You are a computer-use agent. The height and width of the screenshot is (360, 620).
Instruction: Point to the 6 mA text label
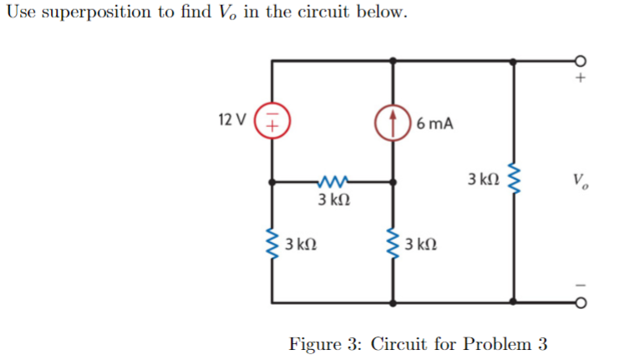[435, 124]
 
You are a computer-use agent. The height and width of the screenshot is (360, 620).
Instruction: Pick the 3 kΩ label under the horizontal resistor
[333, 200]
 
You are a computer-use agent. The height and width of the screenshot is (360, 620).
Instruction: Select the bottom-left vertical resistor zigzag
[272, 246]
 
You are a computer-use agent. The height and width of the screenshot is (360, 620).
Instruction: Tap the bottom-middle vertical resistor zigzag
[393, 246]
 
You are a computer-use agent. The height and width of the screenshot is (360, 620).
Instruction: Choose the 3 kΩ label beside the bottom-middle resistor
[420, 246]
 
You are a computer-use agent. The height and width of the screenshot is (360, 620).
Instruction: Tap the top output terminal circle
[582, 60]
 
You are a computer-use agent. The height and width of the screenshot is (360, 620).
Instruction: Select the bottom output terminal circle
[582, 302]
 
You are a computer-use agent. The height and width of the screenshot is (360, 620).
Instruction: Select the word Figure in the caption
[315, 343]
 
